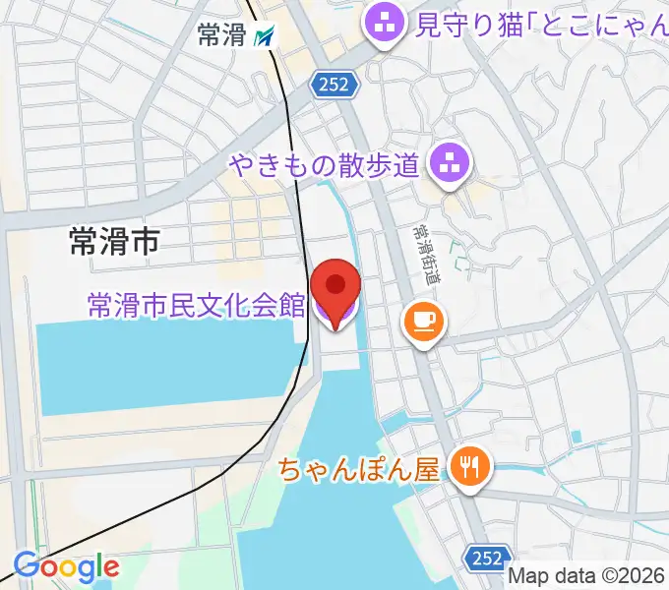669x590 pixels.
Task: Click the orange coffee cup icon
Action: [x=424, y=321]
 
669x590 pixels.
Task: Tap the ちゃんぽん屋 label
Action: [x=358, y=468]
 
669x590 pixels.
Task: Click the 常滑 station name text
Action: [x=220, y=36]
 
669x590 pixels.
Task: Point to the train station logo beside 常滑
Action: [x=264, y=37]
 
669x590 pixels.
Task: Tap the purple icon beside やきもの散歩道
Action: [x=452, y=162]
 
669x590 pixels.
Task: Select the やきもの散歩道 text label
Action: [x=326, y=163]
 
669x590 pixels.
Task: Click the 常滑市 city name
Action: [x=114, y=240]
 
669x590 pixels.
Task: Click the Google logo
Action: [x=66, y=567]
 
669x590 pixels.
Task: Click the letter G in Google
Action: [x=26, y=566]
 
